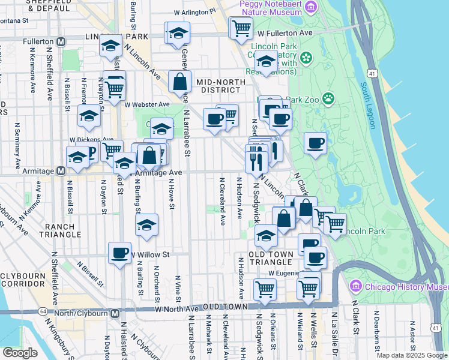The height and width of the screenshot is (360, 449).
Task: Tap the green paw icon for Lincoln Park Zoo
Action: tap(328, 98)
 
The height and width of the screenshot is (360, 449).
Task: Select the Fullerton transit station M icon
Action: tap(61, 42)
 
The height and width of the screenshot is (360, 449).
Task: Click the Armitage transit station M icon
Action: tap(61, 171)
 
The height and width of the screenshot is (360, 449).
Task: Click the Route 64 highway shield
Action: tap(43, 312)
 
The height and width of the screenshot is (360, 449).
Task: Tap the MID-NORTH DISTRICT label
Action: tap(220, 86)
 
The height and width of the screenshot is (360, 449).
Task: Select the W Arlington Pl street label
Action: tap(194, 11)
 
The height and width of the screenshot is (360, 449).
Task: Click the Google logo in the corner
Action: tap(20, 353)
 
